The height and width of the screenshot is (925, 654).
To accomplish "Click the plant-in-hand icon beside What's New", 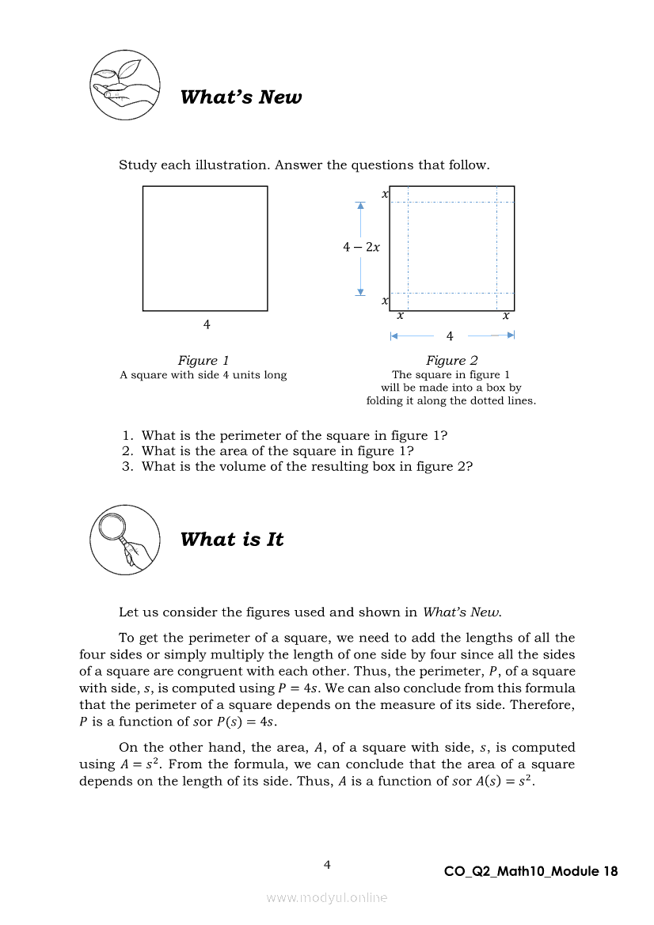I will [x=124, y=85].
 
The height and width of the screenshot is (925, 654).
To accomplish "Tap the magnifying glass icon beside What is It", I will [x=124, y=539].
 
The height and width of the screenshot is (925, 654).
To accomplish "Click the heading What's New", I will [x=241, y=97].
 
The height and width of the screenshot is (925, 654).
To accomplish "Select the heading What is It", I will [x=231, y=540].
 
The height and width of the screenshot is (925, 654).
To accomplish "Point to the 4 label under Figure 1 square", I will [x=207, y=324].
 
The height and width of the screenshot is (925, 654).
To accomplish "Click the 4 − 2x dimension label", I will [x=361, y=247].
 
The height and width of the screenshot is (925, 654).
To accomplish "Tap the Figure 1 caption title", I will [x=203, y=361].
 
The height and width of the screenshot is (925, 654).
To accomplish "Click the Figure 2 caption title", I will [x=451, y=361].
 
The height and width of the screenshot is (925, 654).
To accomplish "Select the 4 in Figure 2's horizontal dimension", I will [x=450, y=336].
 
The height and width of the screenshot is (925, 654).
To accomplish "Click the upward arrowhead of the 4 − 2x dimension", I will [x=360, y=206].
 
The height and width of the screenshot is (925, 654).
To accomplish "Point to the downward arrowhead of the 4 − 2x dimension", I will [x=360, y=292].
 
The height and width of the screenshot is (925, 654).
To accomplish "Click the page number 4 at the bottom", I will [x=327, y=865].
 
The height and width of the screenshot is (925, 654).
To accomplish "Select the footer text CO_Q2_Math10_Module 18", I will [x=530, y=872].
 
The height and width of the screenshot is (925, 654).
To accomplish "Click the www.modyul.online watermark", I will [x=327, y=897].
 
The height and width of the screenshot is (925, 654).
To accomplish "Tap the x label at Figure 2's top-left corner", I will [x=385, y=194].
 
